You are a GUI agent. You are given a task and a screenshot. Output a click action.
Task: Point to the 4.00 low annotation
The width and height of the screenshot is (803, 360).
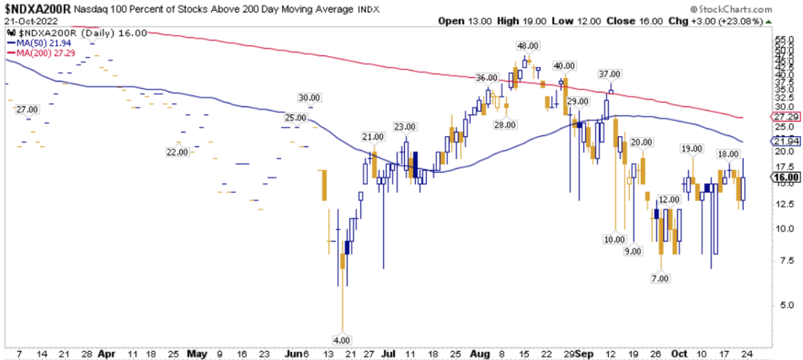[341, 339]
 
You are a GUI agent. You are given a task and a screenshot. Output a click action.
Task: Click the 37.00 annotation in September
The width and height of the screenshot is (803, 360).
[609, 74]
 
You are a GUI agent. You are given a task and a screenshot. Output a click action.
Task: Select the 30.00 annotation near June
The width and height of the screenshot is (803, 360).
[310, 97]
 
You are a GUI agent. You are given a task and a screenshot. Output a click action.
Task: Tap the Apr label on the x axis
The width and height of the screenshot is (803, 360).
[106, 353]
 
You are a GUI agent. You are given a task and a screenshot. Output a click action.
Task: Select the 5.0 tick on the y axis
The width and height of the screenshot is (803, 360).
[779, 305]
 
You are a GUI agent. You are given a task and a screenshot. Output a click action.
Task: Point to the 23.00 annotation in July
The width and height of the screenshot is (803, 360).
[404, 127]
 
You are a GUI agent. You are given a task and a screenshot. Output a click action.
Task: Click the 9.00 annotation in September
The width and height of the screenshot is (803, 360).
[633, 252]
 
